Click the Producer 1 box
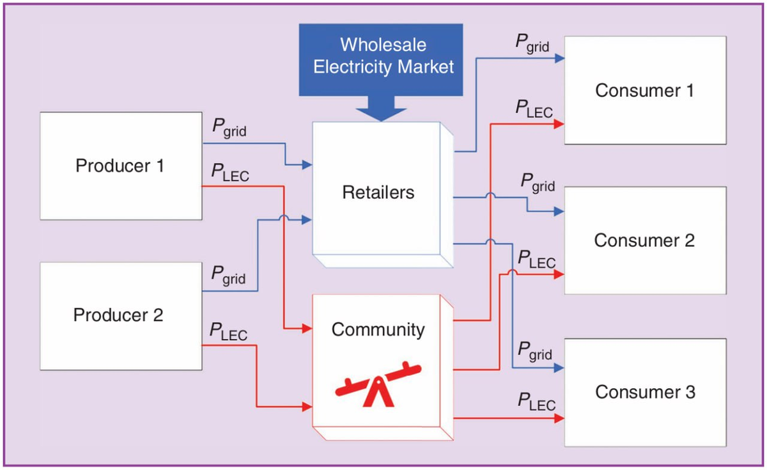pyautogui.click(x=121, y=166)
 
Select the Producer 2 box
pyautogui.click(x=121, y=316)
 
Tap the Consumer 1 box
pyautogui.click(x=644, y=90)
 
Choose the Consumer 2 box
pyautogui.click(x=644, y=240)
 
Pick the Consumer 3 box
pyautogui.click(x=644, y=392)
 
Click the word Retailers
pyautogui.click(x=378, y=192)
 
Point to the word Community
pyautogui.click(x=378, y=330)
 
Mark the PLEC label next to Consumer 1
pyautogui.click(x=534, y=109)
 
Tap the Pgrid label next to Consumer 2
pyautogui.click(x=538, y=184)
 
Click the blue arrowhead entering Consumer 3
pyautogui.click(x=559, y=368)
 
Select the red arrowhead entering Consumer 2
pyautogui.click(x=559, y=274)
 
